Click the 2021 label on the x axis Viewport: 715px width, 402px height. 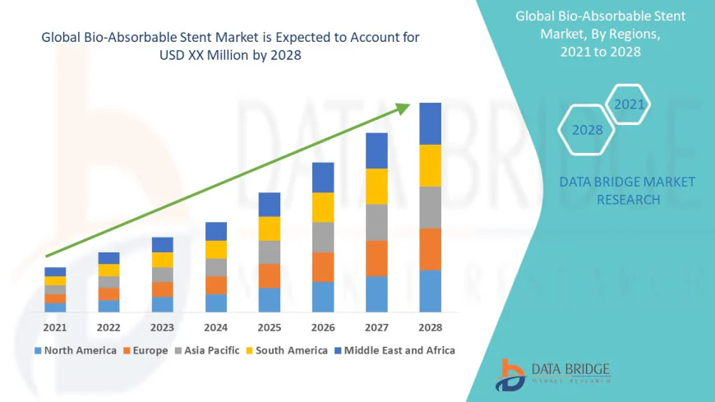(x=55, y=327)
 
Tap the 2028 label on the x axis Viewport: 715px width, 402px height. (x=430, y=327)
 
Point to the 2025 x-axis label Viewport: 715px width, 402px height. (x=270, y=327)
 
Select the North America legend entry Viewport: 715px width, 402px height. (x=75, y=350)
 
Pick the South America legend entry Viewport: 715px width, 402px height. (x=285, y=350)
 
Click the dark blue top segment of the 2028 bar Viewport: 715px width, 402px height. (x=430, y=123)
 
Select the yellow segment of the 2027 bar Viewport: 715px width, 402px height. (x=376, y=186)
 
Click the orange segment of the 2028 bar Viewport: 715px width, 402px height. (x=430, y=249)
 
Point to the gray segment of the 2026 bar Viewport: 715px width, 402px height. (x=323, y=237)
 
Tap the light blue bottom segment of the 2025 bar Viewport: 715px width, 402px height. (x=270, y=299)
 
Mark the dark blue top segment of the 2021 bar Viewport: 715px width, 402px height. (x=55, y=271)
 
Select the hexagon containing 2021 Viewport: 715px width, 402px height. (x=630, y=104)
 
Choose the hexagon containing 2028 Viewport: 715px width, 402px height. (x=587, y=130)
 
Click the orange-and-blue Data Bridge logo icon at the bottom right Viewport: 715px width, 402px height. (x=510, y=375)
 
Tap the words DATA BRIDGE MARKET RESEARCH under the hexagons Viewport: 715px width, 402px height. (x=627, y=191)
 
